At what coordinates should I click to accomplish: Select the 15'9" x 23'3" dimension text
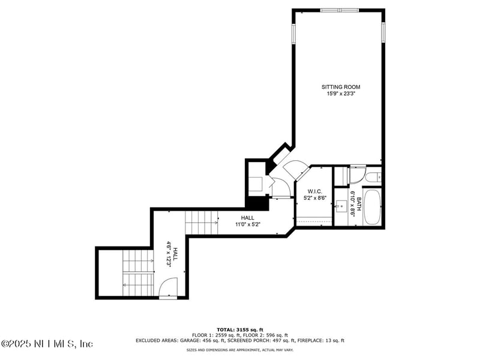pyautogui.click(x=341, y=94)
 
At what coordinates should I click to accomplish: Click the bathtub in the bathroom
pyautogui.click(x=373, y=207)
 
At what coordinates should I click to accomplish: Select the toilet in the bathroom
pyautogui.click(x=372, y=177)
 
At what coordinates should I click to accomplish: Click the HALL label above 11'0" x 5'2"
pyautogui.click(x=247, y=218)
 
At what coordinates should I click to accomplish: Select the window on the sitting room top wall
pyautogui.click(x=338, y=10)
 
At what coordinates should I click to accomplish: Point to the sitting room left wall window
pyautogui.click(x=293, y=34)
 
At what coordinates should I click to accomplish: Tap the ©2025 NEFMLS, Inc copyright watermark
pyautogui.click(x=47, y=344)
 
